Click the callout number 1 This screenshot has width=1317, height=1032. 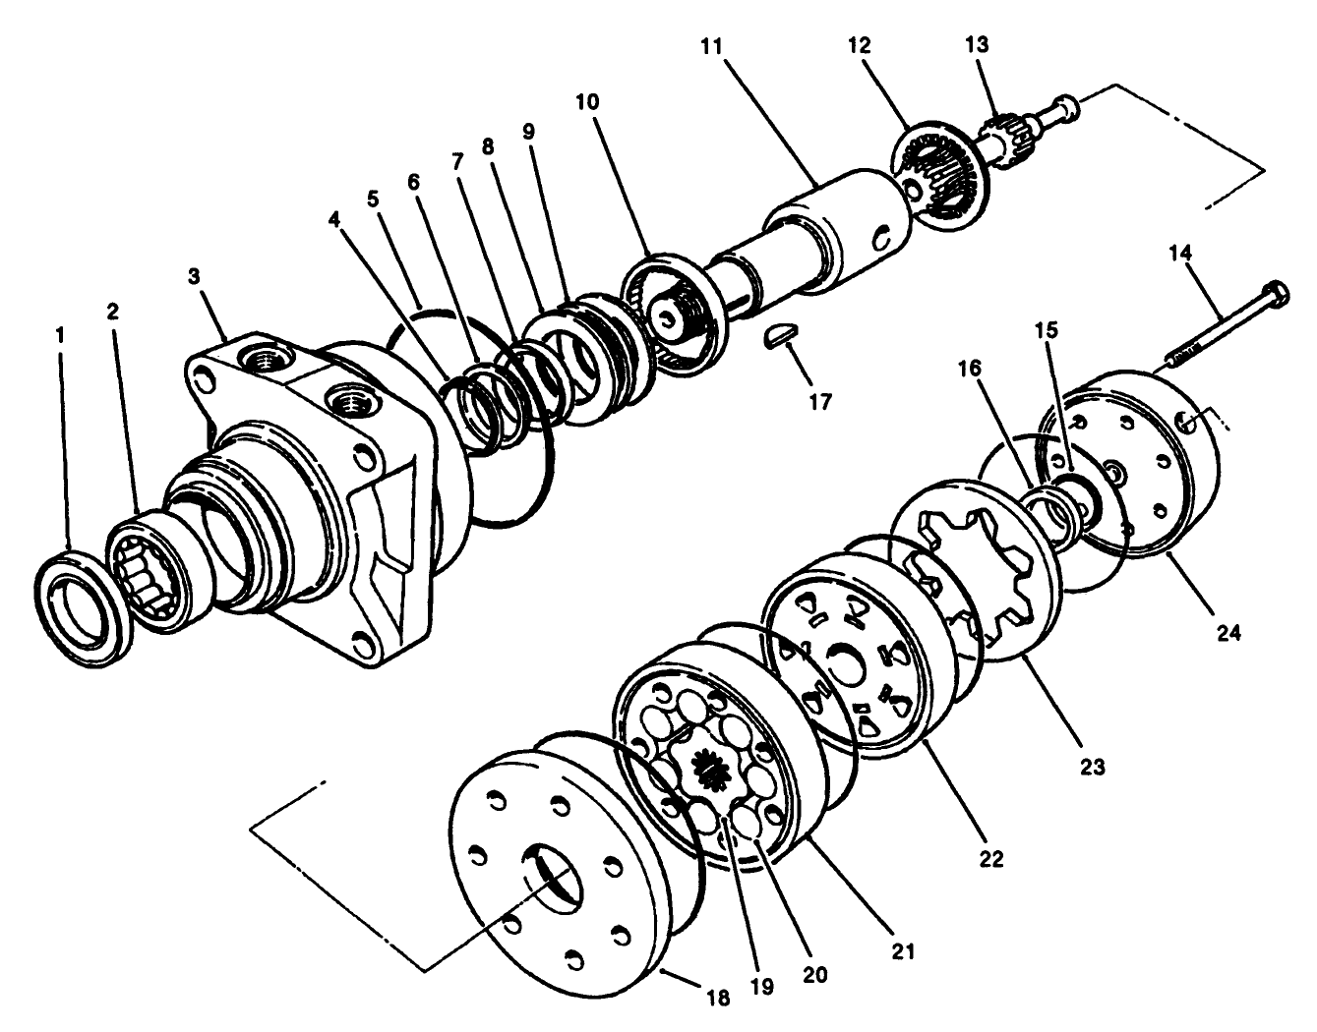(x=60, y=335)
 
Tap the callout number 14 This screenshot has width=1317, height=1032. (x=1180, y=253)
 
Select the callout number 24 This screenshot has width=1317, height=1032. (x=1227, y=634)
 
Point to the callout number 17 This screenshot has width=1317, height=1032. (x=818, y=401)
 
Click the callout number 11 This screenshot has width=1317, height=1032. (x=711, y=46)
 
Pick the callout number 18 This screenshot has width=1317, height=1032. (x=719, y=998)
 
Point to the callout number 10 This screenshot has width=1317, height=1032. (x=587, y=102)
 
